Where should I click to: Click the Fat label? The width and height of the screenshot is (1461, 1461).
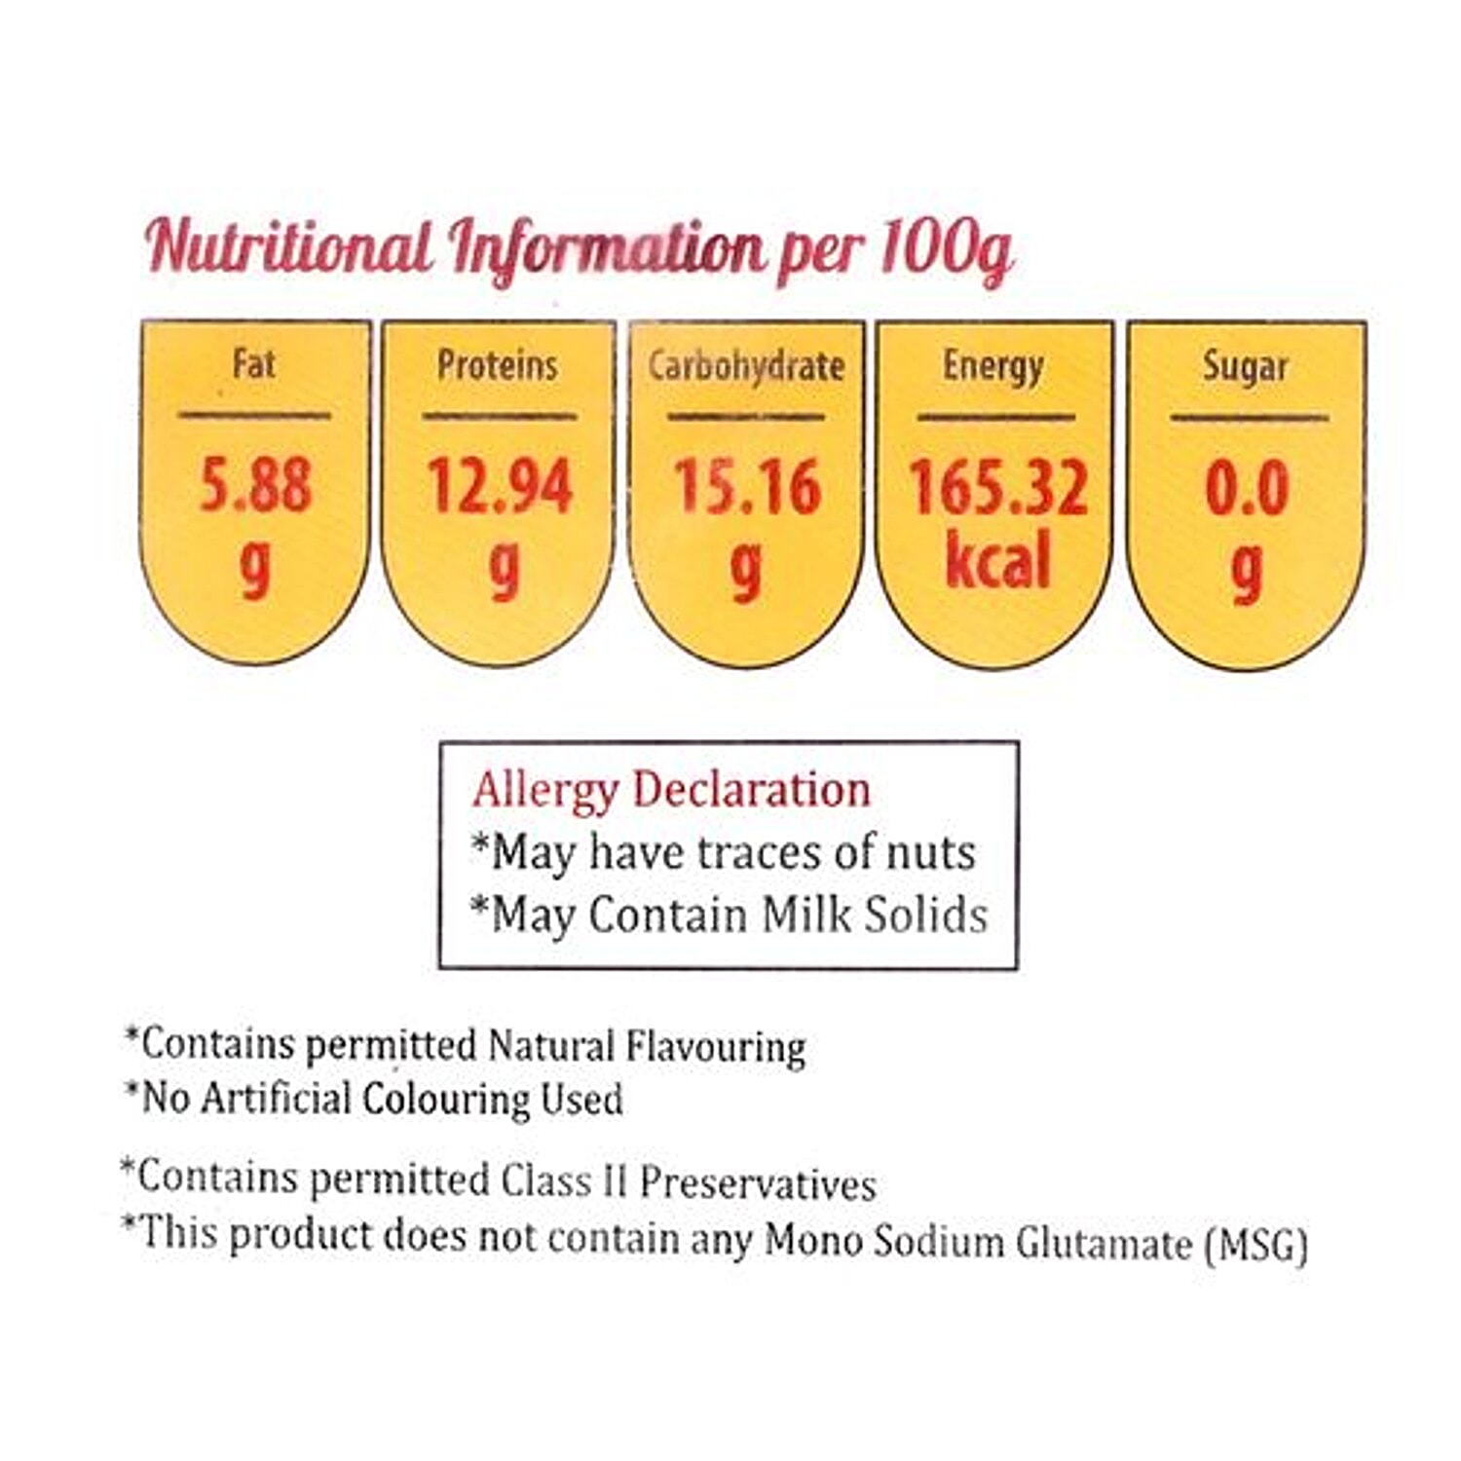click(x=254, y=365)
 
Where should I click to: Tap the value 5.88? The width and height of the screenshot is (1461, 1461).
click(x=255, y=485)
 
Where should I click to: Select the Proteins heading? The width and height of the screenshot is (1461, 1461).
click(x=497, y=366)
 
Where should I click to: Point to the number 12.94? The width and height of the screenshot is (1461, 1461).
click(x=500, y=486)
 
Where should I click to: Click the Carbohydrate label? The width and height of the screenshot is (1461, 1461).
click(x=746, y=367)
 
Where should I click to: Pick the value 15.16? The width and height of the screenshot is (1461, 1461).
click(x=747, y=487)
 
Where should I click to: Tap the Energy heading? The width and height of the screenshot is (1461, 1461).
click(x=993, y=367)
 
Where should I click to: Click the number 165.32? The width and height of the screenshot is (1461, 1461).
click(x=997, y=487)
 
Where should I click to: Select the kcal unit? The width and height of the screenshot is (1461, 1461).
click(x=997, y=561)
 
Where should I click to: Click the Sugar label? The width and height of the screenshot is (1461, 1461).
click(x=1245, y=367)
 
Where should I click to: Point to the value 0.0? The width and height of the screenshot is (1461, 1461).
click(x=1247, y=488)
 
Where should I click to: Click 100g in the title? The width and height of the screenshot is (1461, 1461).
click(x=945, y=250)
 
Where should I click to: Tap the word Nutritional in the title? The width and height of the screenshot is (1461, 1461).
click(x=288, y=246)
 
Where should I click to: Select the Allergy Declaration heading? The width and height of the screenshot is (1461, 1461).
click(x=671, y=790)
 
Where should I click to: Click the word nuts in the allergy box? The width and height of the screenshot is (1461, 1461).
click(x=929, y=852)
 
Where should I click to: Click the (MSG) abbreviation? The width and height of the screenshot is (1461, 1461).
click(x=1255, y=1245)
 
